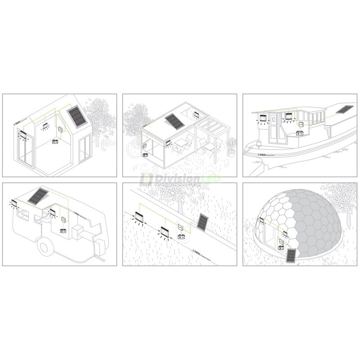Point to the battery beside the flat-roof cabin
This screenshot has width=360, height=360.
(146, 155)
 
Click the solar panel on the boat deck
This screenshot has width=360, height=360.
(345, 109)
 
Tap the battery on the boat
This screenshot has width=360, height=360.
(300, 134)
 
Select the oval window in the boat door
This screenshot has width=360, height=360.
(274, 119)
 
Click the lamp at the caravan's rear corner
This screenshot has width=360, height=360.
(14, 204)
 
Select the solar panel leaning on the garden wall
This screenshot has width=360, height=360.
(202, 223)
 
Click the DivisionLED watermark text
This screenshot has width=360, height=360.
(180, 180)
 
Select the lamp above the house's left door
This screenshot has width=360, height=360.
(22, 134)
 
